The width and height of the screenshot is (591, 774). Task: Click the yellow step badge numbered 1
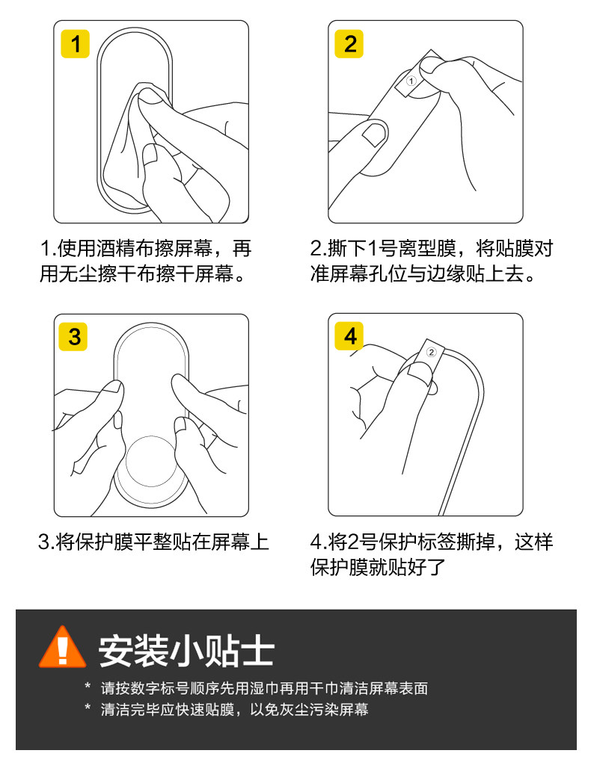coord(75,44)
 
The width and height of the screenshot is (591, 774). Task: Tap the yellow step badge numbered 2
coord(349,44)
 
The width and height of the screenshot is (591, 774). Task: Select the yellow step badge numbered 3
coord(73,337)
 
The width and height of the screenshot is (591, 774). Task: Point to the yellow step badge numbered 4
coord(349,336)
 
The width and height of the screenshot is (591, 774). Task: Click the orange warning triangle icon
coord(62,648)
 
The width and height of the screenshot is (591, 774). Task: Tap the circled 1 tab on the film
coord(411,81)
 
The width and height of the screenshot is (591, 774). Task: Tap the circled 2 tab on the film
coord(432,352)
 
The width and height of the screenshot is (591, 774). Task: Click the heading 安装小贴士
coord(186,651)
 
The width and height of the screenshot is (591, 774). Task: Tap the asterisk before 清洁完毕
coord(88,708)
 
